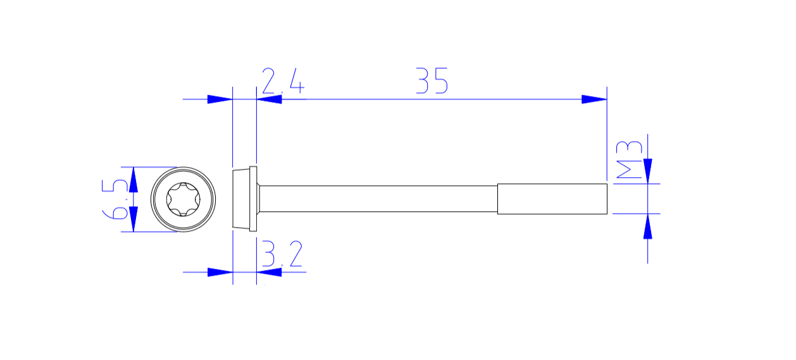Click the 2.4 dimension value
[x=283, y=82]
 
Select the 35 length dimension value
[x=432, y=81]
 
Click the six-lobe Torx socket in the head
[x=183, y=199]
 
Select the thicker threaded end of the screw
[x=552, y=199]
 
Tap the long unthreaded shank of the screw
[x=378, y=199]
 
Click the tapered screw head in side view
[x=241, y=199]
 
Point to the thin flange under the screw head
[x=253, y=199]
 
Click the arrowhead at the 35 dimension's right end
[x=594, y=99]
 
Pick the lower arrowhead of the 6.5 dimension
[x=134, y=219]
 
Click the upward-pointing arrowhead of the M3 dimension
[x=647, y=227]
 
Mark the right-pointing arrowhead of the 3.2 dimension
[x=220, y=272]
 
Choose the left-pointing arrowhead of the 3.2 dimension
[x=269, y=272]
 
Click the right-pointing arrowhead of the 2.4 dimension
[x=220, y=99]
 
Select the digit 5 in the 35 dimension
[x=440, y=81]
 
